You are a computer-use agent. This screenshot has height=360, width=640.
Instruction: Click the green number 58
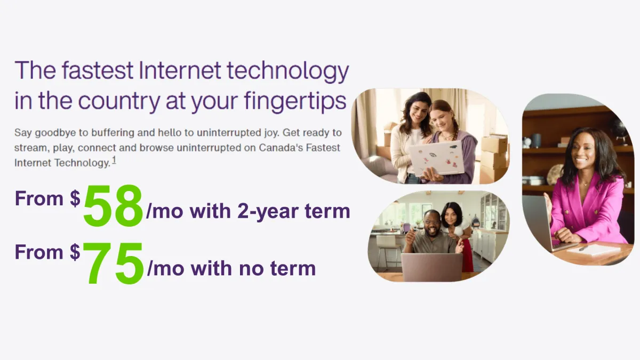click(113, 206)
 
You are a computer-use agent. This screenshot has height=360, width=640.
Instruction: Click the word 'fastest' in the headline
click(97, 70)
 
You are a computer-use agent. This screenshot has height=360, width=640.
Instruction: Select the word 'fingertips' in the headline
click(295, 101)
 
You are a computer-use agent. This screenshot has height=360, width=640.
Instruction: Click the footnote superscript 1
click(114, 161)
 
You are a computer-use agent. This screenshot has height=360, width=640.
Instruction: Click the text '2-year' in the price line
click(268, 212)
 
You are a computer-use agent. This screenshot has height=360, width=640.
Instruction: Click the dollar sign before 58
click(75, 198)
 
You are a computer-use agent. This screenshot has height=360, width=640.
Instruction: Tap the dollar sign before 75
click(75, 252)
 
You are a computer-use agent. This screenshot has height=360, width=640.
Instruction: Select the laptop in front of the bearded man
click(431, 267)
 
